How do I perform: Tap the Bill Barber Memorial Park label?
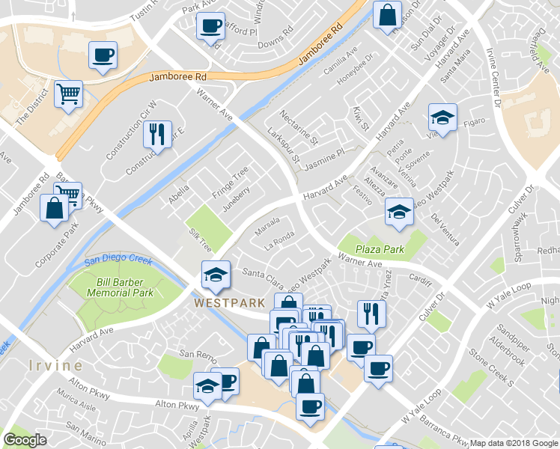(125, 287)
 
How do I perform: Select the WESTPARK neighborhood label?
(229, 303)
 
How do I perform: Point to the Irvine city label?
(56, 365)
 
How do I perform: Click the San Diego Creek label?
(118, 261)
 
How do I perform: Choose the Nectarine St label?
(299, 127)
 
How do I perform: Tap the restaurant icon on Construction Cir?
(157, 135)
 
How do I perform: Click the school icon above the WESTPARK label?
(216, 274)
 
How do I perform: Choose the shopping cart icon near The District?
(68, 94)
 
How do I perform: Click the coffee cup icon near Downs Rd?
(210, 26)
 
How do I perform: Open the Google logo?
(25, 440)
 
